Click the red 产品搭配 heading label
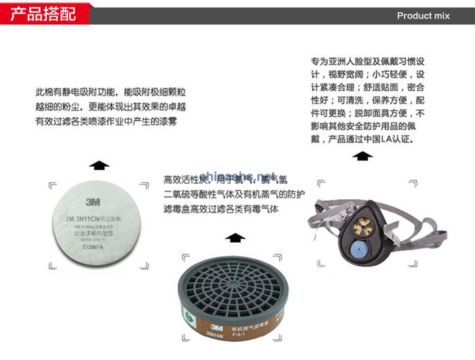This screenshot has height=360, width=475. [x=43, y=14]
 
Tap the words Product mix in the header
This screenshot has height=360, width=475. [x=423, y=16]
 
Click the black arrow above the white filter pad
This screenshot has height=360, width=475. [x=99, y=164]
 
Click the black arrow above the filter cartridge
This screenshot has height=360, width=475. [x=235, y=237]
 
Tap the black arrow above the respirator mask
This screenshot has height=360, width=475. [x=363, y=156]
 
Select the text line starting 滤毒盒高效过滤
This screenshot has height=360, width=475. [x=221, y=209]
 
